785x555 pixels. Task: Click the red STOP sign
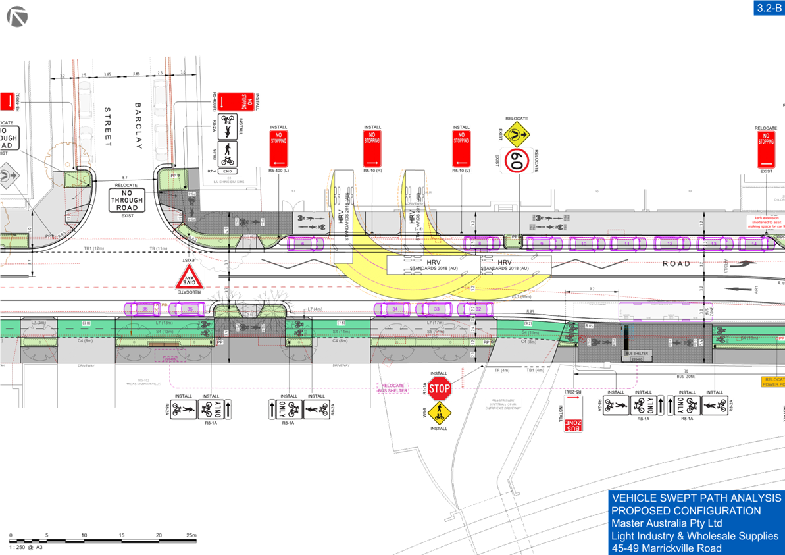pos(439,388)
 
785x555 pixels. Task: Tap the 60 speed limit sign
pos(516,160)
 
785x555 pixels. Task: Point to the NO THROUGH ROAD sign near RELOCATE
pos(127,199)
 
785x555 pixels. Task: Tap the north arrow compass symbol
pos(16,16)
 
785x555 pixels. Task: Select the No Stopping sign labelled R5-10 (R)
pos(372,148)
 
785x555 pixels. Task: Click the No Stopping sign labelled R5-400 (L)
pos(278,148)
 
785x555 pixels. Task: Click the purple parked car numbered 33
pos(436,309)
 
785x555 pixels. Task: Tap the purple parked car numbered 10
pos(583,244)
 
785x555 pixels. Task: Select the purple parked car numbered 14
pos(754,244)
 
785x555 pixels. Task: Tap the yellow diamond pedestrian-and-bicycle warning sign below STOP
pos(438,413)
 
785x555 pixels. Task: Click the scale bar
pos(103,541)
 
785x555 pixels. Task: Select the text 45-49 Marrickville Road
pos(666,548)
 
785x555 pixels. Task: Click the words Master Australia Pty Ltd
pos(667,523)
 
